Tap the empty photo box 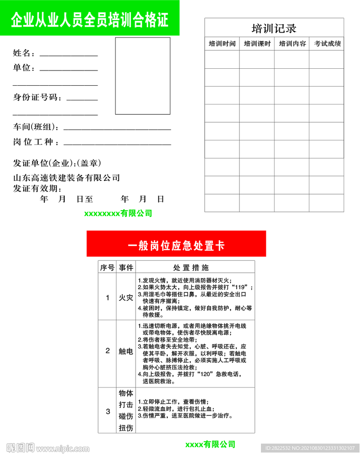pos(143,76)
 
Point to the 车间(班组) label pos(36,128)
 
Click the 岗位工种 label pos(36,142)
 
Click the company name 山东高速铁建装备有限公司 pos(66,178)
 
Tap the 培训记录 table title pos(274,29)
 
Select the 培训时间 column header pos(222,44)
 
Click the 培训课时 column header pos(257,44)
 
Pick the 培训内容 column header pos(292,44)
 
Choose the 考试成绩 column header pos(327,44)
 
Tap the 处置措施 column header pos(190,268)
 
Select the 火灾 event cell pos(125,298)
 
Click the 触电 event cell pos(125,351)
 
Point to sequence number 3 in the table pos(108,411)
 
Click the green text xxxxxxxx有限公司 pos(118,213)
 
